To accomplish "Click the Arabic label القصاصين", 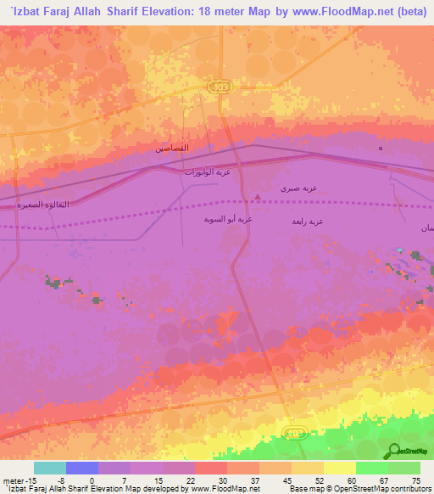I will [173, 149].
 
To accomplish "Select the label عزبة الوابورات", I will [208, 172].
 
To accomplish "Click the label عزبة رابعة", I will [308, 221].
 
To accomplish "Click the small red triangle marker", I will [258, 197].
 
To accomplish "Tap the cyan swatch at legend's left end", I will [49, 468].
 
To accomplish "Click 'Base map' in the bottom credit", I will [306, 490].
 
